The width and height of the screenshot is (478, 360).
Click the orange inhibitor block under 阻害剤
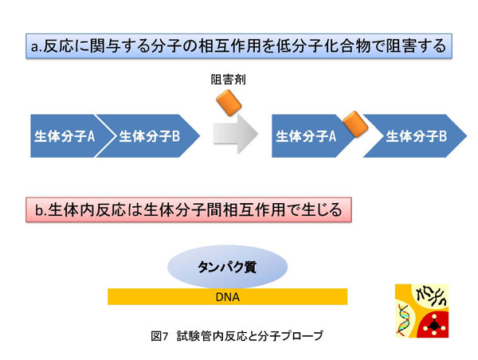click(x=228, y=101)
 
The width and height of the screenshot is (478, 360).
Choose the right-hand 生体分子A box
click(x=307, y=136)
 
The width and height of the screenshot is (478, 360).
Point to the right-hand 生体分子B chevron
click(x=415, y=136)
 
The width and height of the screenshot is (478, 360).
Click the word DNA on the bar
click(x=227, y=296)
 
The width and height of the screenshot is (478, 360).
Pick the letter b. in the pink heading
click(x=37, y=211)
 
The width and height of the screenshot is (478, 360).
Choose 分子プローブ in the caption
click(x=286, y=335)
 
